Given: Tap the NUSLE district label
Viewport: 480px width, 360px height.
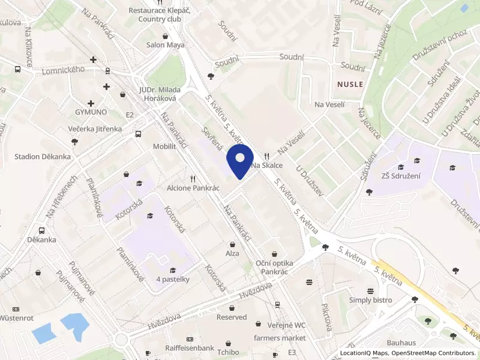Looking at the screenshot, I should pyautogui.click(x=350, y=85).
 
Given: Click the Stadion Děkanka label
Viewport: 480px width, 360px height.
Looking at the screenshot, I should pyautogui.click(x=43, y=157).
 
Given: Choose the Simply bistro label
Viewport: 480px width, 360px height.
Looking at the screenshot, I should pyautogui.click(x=370, y=300).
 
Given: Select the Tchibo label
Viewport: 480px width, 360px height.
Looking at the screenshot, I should pyautogui.click(x=229, y=352).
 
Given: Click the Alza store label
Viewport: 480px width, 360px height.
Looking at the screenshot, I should pyautogui.click(x=232, y=254).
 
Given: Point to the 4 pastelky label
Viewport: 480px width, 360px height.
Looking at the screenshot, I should pyautogui.click(x=173, y=279).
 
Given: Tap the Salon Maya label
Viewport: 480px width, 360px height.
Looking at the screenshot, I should pyautogui.click(x=166, y=44).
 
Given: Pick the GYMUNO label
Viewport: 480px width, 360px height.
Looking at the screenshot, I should pyautogui.click(x=91, y=112).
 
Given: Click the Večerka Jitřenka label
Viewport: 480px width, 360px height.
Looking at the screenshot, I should pyautogui.click(x=95, y=129).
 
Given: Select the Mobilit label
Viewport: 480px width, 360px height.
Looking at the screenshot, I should pyautogui.click(x=164, y=146).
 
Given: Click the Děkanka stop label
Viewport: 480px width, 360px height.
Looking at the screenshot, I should pyautogui.click(x=41, y=239).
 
